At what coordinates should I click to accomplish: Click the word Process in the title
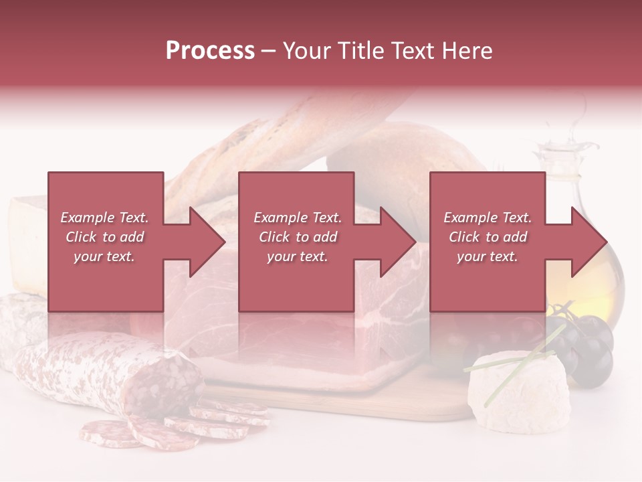click(210, 51)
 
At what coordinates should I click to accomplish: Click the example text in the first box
click(104, 237)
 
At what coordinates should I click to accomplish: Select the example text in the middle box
click(297, 237)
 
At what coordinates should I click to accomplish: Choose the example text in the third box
click(488, 237)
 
